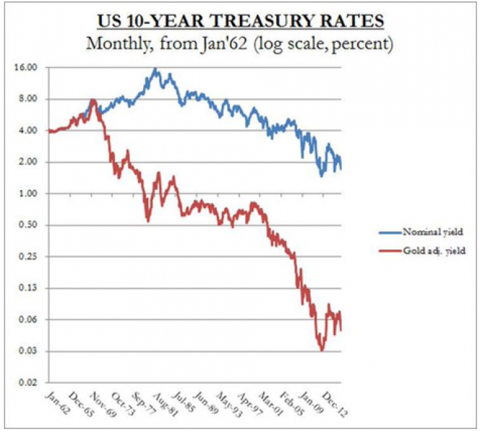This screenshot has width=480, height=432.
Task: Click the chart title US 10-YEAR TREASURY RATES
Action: [x=240, y=20]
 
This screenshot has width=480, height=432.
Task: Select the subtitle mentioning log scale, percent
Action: [x=240, y=44]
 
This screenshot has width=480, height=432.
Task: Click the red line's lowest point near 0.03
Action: [x=322, y=350]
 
